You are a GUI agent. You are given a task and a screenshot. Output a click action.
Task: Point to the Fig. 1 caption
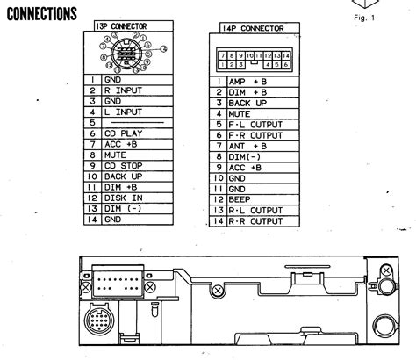[x=363, y=18]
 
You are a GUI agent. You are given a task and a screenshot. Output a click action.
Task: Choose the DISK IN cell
[x=124, y=198]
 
